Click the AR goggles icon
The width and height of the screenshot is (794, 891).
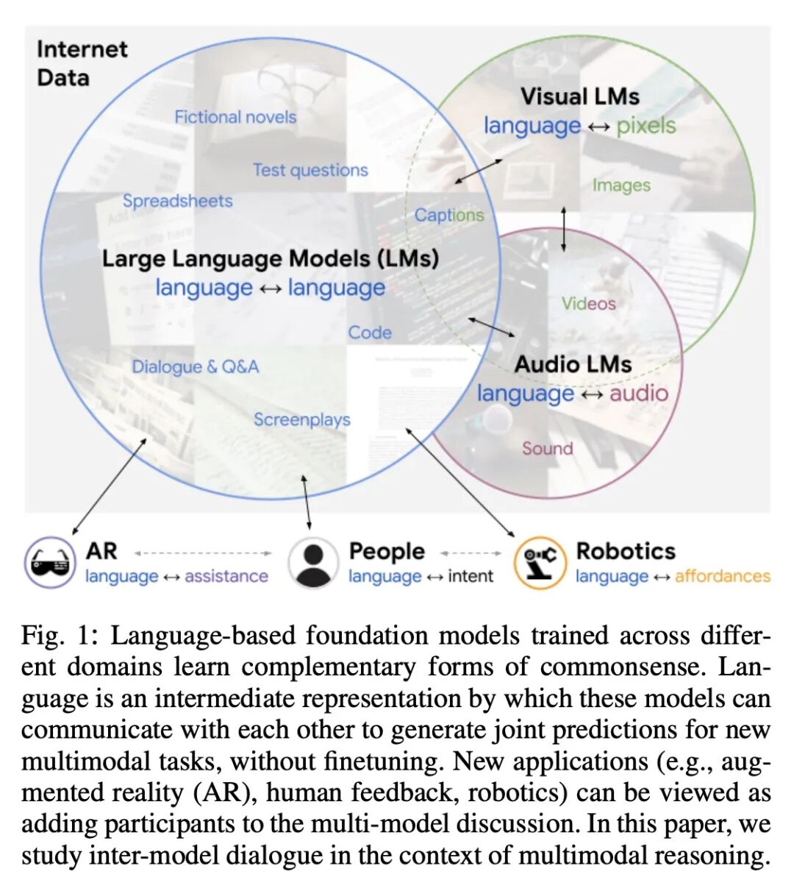click(x=50, y=563)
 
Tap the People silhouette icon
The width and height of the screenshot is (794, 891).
click(x=313, y=563)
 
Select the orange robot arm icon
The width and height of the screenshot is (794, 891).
click(x=540, y=563)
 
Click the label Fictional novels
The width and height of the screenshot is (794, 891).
click(x=235, y=117)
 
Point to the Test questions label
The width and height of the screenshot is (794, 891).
click(x=310, y=170)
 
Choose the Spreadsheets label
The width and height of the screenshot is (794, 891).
click(x=177, y=201)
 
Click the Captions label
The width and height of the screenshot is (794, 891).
click(x=449, y=215)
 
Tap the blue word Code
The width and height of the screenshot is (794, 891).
click(x=370, y=333)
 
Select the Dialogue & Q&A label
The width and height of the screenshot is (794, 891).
click(x=195, y=366)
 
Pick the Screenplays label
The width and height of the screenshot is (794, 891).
click(x=301, y=419)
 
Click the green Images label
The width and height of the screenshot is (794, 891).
click(x=621, y=185)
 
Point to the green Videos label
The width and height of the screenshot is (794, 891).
click(x=588, y=303)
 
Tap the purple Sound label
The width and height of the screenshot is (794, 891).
click(x=547, y=448)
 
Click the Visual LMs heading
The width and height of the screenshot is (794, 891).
click(x=579, y=96)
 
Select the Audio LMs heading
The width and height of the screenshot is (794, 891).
click(x=573, y=364)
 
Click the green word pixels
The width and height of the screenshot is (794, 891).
click(x=645, y=126)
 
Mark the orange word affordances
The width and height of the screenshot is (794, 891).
click(x=722, y=576)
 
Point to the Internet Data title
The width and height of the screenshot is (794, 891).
click(x=81, y=63)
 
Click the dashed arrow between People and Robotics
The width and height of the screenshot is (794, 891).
click(x=471, y=553)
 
